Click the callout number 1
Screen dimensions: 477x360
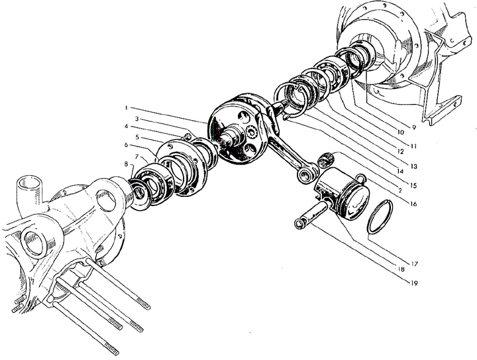[125, 107]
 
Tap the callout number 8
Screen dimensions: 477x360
[125, 164]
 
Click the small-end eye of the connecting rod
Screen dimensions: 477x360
[306, 175]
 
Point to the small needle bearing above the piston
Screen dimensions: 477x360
[326, 160]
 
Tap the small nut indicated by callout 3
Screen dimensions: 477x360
[187, 137]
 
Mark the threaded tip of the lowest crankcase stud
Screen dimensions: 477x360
[111, 349]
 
